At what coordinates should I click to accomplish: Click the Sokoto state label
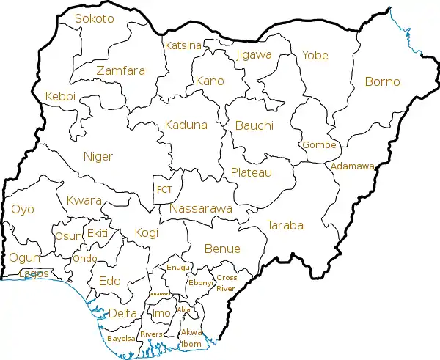tap(95, 19)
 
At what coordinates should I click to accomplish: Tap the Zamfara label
tap(120, 71)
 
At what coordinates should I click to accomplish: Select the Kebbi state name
tap(60, 97)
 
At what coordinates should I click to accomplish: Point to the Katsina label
tap(183, 45)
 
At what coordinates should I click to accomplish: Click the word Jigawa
tap(254, 54)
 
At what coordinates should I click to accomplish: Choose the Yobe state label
tap(315, 55)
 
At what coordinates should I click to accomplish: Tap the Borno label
tap(382, 81)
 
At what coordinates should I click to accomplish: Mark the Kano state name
tap(209, 81)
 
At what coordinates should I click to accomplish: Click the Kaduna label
tap(186, 125)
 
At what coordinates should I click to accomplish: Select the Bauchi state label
tap(254, 126)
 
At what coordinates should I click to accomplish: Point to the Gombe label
tap(319, 145)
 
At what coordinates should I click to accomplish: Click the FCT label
tap(164, 190)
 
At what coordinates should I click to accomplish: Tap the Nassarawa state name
tap(200, 209)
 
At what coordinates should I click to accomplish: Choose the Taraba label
tap(285, 225)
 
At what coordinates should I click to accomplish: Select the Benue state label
tap(222, 249)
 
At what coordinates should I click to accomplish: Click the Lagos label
tap(35, 274)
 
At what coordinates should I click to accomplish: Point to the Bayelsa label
tap(120, 339)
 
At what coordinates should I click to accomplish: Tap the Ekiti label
tap(98, 233)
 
